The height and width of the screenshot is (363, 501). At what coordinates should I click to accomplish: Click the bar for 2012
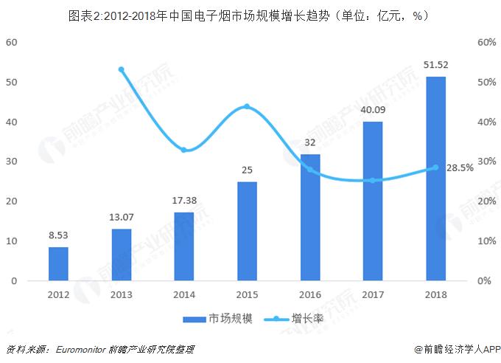point(58,264)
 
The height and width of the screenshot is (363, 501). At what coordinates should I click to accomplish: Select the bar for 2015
point(247,231)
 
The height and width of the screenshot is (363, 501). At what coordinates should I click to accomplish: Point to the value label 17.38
point(184,200)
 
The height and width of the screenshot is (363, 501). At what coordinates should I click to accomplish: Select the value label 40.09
point(373,110)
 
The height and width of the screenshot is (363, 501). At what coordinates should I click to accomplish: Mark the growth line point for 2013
point(122,69)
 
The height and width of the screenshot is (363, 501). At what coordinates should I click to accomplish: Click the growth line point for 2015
point(247,106)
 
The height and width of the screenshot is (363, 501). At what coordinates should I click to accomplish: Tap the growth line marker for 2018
point(435,167)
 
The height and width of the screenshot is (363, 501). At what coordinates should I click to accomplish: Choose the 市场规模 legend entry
point(222,319)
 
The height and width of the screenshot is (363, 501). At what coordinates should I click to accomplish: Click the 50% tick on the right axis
point(486,82)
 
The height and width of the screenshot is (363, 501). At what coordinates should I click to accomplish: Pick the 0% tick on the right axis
point(483,281)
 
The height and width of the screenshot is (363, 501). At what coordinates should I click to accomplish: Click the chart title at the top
point(251,14)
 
